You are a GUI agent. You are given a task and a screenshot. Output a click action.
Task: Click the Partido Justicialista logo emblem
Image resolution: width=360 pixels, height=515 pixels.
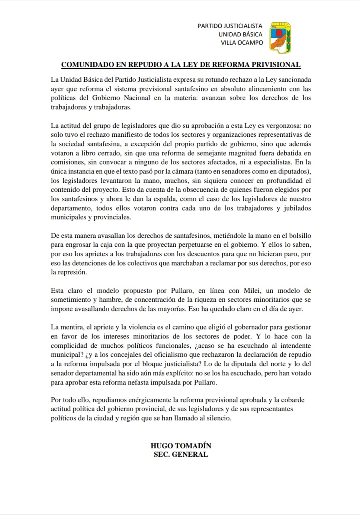[x=280, y=38]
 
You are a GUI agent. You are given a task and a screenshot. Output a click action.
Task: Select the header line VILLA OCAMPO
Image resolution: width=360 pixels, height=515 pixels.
[x=242, y=43]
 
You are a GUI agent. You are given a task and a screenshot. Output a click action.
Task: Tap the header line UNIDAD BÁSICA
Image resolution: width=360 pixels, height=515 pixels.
[x=240, y=34]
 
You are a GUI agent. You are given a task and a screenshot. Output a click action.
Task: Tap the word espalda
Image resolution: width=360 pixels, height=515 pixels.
[x=159, y=199]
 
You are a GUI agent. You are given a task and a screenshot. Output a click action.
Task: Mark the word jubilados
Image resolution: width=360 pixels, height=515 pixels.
[x=297, y=208]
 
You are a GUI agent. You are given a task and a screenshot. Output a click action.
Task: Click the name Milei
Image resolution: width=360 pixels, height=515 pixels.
[x=252, y=291]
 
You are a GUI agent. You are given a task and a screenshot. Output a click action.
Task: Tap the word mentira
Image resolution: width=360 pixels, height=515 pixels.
[x=71, y=327]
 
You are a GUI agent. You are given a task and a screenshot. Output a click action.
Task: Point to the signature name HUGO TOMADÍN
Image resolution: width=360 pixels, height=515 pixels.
[x=181, y=446]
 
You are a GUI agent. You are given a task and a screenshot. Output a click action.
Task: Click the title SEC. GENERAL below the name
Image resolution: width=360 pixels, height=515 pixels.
[x=181, y=454]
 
